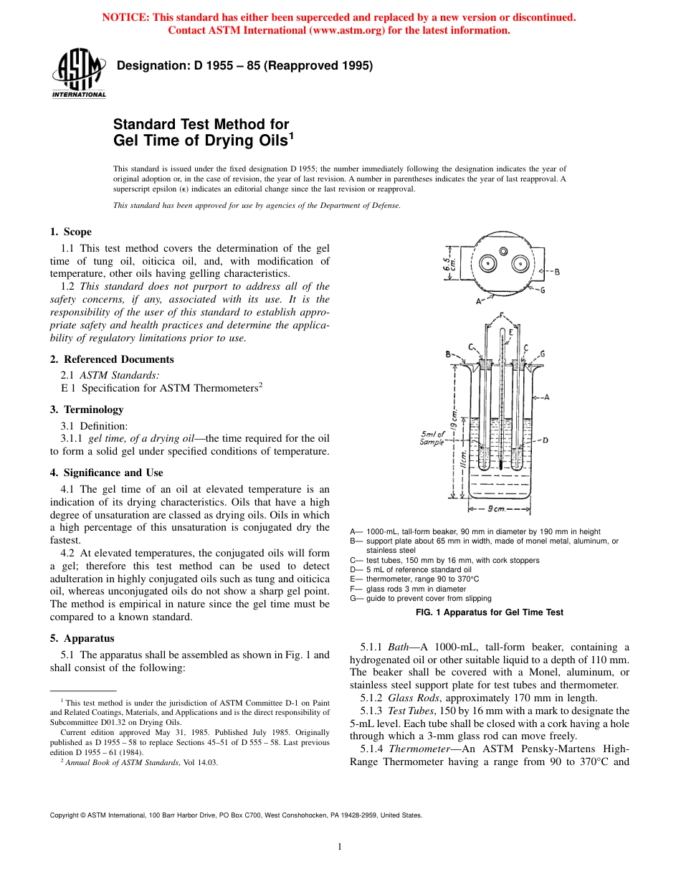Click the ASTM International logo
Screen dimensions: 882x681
[x=78, y=75]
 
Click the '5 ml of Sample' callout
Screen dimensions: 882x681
[x=433, y=437]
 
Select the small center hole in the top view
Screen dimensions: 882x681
[x=503, y=251]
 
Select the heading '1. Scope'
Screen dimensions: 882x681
[x=71, y=232]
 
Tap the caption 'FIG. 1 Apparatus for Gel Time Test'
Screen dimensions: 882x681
[x=490, y=612]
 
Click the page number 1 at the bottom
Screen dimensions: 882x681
[x=340, y=847]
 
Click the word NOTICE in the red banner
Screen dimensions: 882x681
[x=126, y=17]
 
